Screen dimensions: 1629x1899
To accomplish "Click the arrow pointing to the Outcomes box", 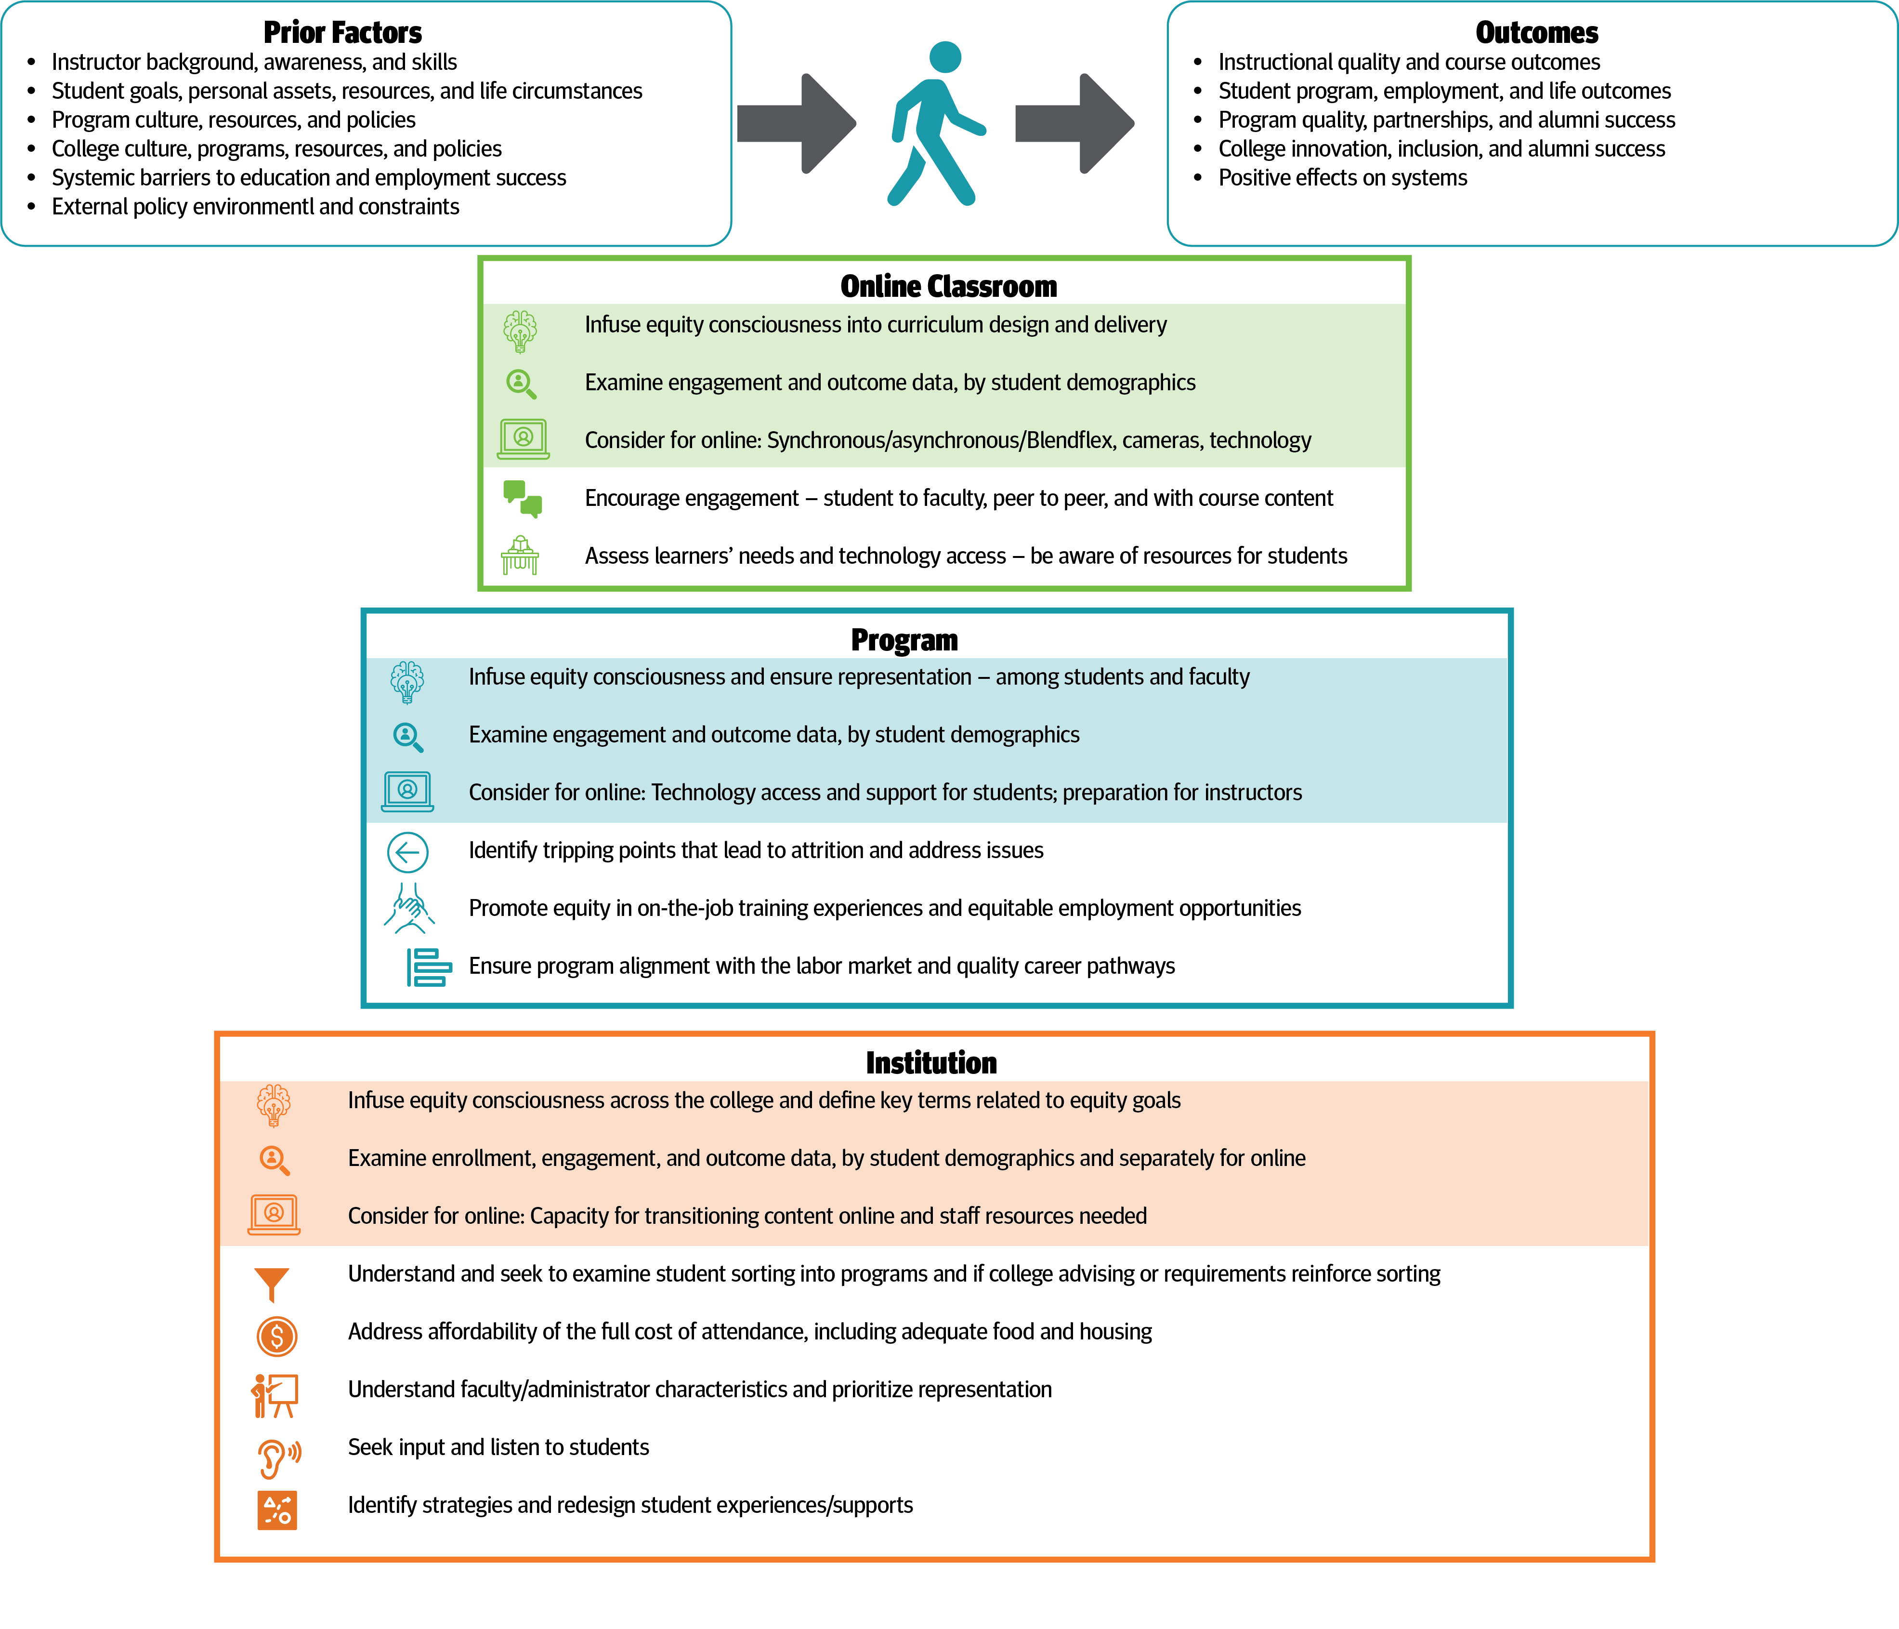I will click(1074, 124).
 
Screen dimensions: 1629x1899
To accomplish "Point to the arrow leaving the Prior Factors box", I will click(796, 124).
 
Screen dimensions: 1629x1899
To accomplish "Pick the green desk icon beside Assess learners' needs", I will click(520, 556).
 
